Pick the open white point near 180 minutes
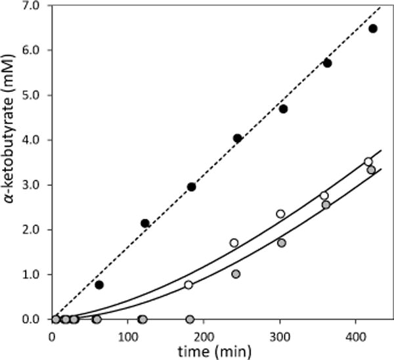pyautogui.click(x=188, y=284)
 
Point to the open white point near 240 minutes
pyautogui.click(x=234, y=242)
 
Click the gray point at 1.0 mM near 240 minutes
pyautogui.click(x=236, y=274)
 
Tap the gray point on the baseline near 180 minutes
pyautogui.click(x=190, y=319)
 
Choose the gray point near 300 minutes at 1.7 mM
pyautogui.click(x=282, y=242)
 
